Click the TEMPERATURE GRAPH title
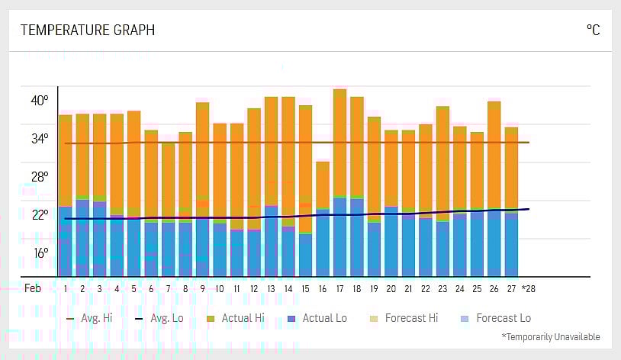pyautogui.click(x=87, y=31)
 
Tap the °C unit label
pyautogui.click(x=593, y=31)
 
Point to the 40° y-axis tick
pyautogui.click(x=40, y=100)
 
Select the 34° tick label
pyautogui.click(x=40, y=138)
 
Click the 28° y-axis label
pyautogui.click(x=40, y=176)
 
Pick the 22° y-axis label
pyautogui.click(x=40, y=214)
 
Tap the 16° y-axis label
pyautogui.click(x=40, y=252)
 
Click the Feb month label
pyautogui.click(x=33, y=289)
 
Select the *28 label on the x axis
pyautogui.click(x=528, y=289)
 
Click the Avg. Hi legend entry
pyautogui.click(x=90, y=318)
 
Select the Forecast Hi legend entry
pyautogui.click(x=404, y=318)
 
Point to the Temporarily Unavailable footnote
pyautogui.click(x=550, y=336)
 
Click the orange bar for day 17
pyautogui.click(x=339, y=141)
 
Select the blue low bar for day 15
pyautogui.click(x=305, y=255)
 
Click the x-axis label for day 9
pyautogui.click(x=202, y=289)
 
